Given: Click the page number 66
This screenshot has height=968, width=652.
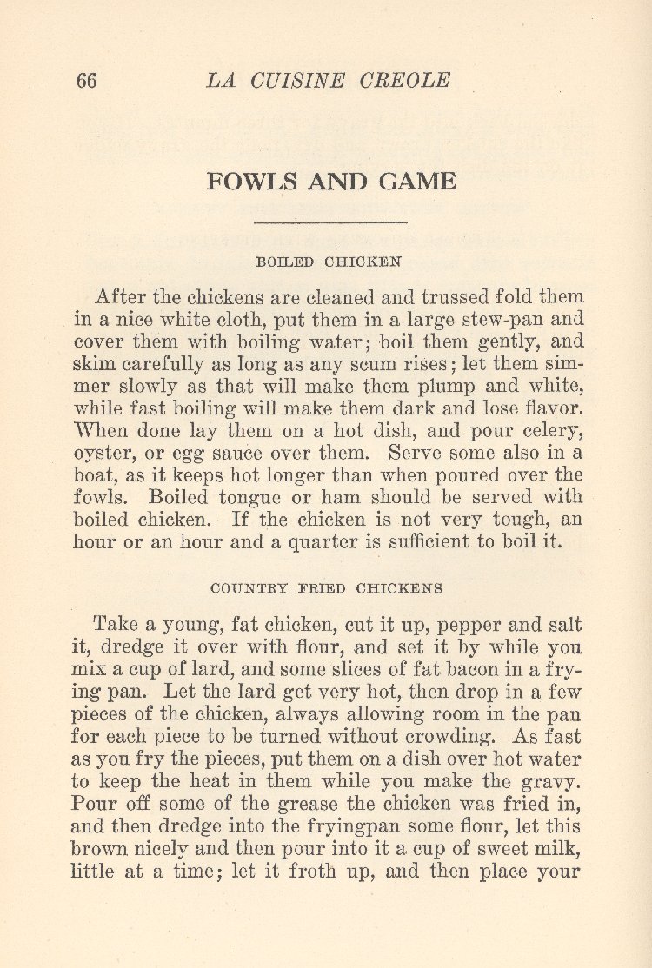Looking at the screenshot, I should point(86,81).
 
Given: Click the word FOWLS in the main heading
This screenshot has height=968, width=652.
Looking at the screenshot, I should point(246,182).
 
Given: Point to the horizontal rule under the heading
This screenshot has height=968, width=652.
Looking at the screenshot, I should point(330,223).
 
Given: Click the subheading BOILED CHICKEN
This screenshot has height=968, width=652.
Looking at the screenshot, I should point(329,260).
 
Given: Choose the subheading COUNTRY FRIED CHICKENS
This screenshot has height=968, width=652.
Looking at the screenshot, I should point(326,588).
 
